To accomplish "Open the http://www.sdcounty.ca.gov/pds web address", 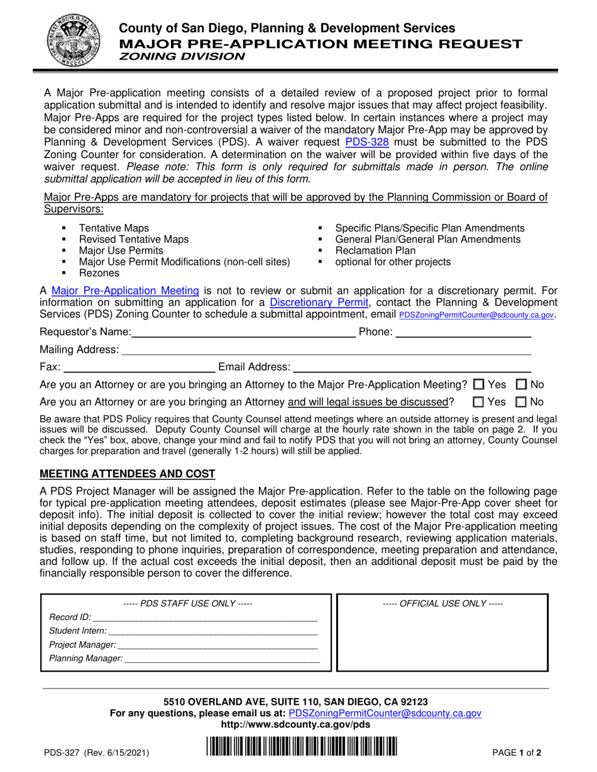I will (x=295, y=724).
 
